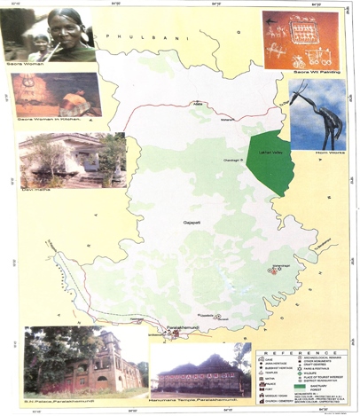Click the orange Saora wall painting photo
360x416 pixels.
(x=301, y=40)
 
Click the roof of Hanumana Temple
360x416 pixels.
(x=200, y=363)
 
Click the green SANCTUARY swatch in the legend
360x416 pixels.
(x=265, y=388)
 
